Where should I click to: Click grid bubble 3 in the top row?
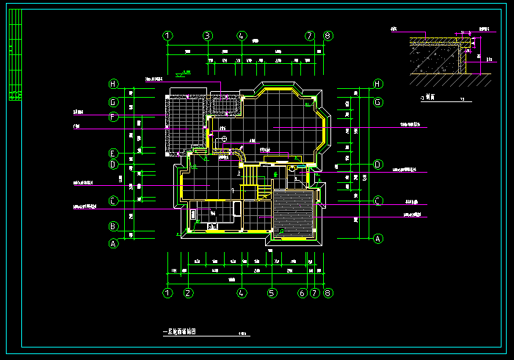click(208, 35)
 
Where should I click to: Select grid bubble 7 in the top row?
click(310, 35)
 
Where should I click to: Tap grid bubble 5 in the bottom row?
click(272, 293)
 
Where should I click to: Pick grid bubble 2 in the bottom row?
click(189, 293)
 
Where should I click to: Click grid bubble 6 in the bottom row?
click(302, 293)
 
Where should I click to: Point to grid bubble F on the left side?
click(114, 117)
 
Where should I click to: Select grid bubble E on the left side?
click(114, 154)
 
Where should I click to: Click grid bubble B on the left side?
click(114, 227)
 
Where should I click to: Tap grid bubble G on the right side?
click(377, 102)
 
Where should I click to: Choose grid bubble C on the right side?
click(377, 201)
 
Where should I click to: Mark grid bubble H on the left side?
click(114, 84)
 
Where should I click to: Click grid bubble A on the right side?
click(377, 238)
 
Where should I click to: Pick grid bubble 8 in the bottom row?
click(327, 293)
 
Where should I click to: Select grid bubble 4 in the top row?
click(242, 35)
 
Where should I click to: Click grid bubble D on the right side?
click(377, 165)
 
